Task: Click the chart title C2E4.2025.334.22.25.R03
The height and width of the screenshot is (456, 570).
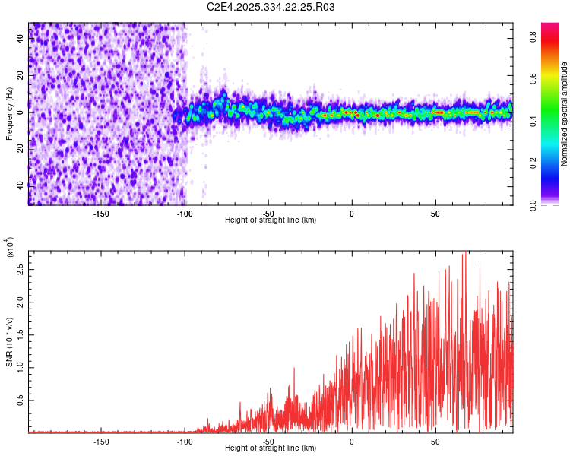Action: point(271,7)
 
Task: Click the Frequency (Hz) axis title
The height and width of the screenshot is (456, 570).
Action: point(9,114)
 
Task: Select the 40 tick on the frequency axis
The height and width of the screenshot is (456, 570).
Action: point(21,40)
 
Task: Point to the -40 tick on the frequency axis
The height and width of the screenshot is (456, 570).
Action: point(21,185)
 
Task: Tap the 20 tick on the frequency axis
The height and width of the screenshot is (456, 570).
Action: point(21,76)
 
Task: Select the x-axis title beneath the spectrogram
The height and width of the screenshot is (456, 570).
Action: point(271,220)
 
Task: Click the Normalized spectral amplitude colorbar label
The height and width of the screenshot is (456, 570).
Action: point(565,114)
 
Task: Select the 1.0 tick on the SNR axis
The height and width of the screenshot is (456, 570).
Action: point(21,367)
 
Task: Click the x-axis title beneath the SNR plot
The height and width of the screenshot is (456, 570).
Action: point(271,448)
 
